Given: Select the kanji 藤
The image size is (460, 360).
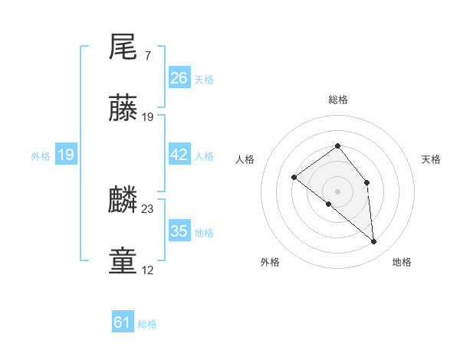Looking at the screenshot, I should (123, 109).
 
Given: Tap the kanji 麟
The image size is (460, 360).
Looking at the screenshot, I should (123, 201).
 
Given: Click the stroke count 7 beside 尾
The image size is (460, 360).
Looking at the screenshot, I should (147, 56).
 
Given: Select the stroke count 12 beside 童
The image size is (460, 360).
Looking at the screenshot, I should (148, 270).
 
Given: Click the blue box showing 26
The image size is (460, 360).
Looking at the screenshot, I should (179, 78).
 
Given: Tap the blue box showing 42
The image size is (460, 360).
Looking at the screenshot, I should (179, 155).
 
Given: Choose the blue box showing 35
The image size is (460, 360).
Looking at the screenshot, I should (179, 231).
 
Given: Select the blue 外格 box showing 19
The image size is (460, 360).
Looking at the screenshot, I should (66, 155).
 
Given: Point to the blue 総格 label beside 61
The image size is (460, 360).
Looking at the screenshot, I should (147, 324).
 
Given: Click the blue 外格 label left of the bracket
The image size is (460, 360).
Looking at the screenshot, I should (41, 156).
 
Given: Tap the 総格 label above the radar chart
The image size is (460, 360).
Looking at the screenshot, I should (337, 100).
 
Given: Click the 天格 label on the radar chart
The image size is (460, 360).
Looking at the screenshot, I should (432, 159).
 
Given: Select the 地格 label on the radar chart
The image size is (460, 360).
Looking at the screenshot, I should (402, 262).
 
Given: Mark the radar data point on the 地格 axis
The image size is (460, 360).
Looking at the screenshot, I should (374, 241).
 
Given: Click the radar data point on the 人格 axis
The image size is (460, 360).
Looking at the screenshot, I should (294, 178).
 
